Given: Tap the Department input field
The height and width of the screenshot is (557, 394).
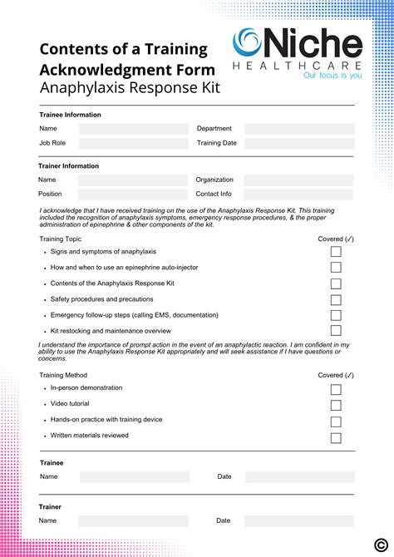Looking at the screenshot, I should [298, 129].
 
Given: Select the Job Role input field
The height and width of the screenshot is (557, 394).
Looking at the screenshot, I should [133, 143].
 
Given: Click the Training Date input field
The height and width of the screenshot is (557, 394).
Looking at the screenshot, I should [298, 143].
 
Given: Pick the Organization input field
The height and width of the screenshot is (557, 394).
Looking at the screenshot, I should [298, 180].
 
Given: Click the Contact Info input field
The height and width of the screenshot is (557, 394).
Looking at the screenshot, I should [298, 195].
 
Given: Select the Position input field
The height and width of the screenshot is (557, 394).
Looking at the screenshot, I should [133, 195].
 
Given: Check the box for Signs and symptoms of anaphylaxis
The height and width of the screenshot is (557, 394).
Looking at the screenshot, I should [336, 252].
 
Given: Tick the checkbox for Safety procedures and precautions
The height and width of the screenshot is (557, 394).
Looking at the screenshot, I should [336, 299].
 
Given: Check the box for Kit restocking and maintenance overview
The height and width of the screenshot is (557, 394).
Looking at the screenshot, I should [336, 331].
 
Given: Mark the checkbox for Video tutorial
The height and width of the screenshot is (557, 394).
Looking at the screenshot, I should [336, 405].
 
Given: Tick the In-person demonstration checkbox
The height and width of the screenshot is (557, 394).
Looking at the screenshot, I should [336, 389].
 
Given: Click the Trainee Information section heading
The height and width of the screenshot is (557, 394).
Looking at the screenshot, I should [70, 115].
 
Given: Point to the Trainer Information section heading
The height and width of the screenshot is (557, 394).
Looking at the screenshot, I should [68, 166].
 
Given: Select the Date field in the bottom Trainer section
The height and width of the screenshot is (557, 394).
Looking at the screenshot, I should [299, 521].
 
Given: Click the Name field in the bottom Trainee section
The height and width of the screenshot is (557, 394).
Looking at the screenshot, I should [135, 477].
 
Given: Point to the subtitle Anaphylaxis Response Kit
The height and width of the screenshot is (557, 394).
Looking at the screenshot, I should [130, 87].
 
